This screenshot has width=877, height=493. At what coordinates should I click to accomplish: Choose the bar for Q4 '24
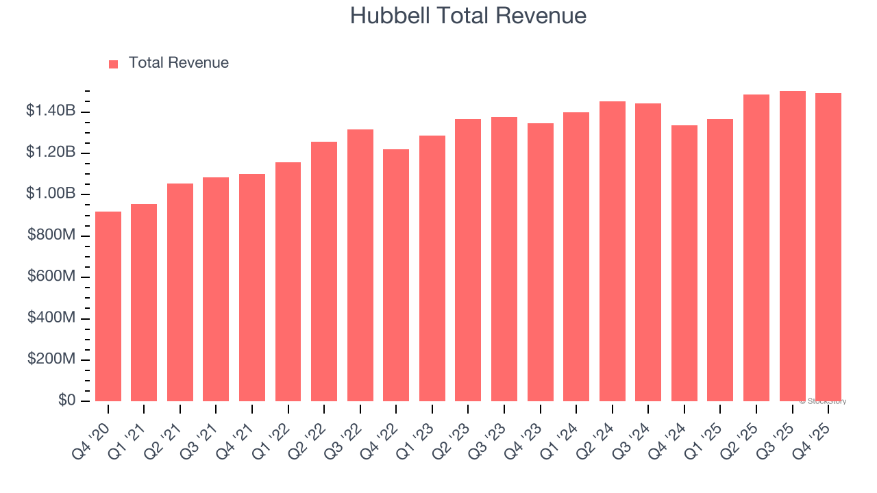684,264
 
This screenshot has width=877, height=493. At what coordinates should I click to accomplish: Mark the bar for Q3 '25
793,246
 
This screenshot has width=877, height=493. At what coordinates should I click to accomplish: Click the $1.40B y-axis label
51,111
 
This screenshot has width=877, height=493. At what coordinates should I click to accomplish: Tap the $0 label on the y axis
66,401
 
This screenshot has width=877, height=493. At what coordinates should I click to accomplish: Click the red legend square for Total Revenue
114,64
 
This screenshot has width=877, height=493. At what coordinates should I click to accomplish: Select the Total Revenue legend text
179,63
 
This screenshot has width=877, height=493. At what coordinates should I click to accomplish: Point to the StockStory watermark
823,401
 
